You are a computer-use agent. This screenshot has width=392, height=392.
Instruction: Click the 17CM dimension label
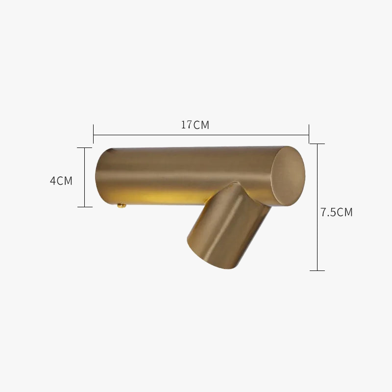pyautogui.click(x=195, y=125)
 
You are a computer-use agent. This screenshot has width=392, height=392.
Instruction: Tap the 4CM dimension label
pyautogui.click(x=61, y=181)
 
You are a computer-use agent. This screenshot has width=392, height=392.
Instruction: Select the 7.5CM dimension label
pyautogui.click(x=337, y=212)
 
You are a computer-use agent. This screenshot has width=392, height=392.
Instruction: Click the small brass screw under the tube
pyautogui.click(x=122, y=206)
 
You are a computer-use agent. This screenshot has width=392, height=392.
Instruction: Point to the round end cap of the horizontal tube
pyautogui.click(x=288, y=176)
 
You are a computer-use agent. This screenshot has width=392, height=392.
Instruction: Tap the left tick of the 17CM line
pyautogui.click(x=93, y=134)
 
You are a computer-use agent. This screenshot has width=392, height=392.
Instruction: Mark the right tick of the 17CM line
pyautogui.click(x=309, y=134)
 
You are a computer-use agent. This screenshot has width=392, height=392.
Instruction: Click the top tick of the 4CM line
pyautogui.click(x=84, y=148)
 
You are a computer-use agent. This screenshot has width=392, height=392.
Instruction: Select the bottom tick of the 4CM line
pyautogui.click(x=84, y=207)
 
